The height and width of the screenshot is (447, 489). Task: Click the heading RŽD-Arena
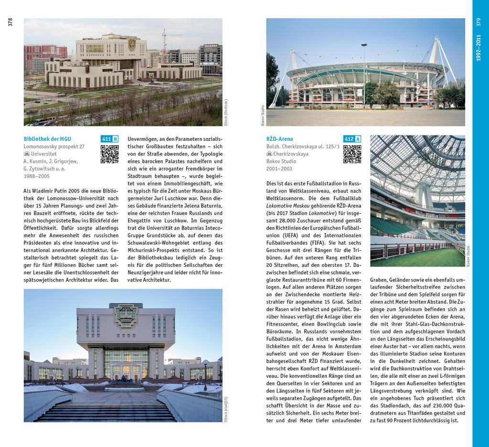coord(279,139)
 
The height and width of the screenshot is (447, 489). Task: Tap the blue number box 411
coord(106,139)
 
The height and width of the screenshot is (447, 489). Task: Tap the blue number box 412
coord(349,139)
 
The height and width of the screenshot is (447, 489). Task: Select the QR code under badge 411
coord(109,154)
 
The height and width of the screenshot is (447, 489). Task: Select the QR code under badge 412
coord(352,154)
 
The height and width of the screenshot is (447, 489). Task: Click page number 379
coord(478,22)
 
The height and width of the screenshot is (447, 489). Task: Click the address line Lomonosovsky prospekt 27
coord(54,147)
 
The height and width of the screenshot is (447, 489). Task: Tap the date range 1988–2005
coord(36,176)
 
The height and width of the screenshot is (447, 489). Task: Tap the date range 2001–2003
coord(279,169)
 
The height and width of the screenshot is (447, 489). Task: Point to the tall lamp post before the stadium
coord(364,72)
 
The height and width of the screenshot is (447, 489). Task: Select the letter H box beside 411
coord(115,139)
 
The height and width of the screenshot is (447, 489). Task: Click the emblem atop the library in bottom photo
coord(126,315)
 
